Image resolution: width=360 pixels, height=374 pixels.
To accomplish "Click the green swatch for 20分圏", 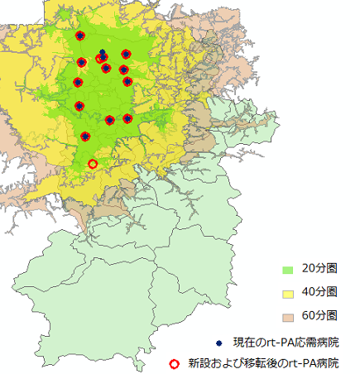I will pyautogui.click(x=288, y=269).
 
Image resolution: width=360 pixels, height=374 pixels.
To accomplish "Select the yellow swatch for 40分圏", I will pyautogui.click(x=288, y=293).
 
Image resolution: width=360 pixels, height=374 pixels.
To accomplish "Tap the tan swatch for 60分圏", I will pyautogui.click(x=288, y=316).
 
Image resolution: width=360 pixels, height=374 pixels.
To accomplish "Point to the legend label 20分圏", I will pyautogui.click(x=319, y=269).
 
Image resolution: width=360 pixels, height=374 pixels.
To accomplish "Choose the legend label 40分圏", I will pyautogui.click(x=319, y=293).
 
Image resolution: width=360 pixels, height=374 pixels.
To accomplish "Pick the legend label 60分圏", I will pyautogui.click(x=319, y=316).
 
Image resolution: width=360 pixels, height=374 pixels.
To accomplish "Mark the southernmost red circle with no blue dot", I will pyautogui.click(x=92, y=164).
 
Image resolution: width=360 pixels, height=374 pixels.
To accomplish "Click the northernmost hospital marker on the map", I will pyautogui.click(x=79, y=36).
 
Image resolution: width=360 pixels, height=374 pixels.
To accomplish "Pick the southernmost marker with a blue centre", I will pyautogui.click(x=85, y=137).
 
